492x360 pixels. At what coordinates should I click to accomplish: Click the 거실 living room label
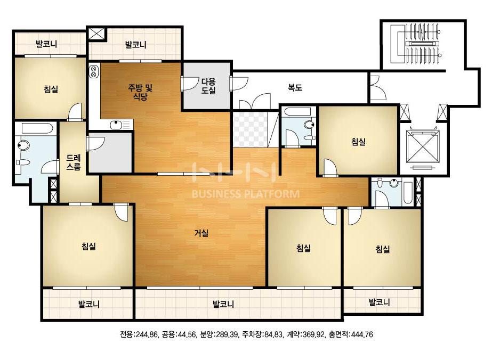pyautogui.click(x=201, y=233)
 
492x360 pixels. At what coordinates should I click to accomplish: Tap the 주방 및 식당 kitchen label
pyautogui.click(x=140, y=92)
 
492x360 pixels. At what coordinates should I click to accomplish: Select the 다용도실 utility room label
pyautogui.click(x=208, y=86)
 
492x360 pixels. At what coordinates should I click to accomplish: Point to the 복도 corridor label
pyautogui.click(x=295, y=87)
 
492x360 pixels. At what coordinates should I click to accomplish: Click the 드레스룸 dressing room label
pyautogui.click(x=74, y=162)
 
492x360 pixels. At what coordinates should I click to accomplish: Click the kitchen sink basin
pyautogui.click(x=116, y=125)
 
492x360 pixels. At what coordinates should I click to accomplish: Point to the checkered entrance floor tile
pyautogui.click(x=250, y=129)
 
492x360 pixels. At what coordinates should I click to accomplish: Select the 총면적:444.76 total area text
pyautogui.click(x=351, y=334)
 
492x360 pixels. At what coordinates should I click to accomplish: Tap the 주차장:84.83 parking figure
pyautogui.click(x=262, y=334)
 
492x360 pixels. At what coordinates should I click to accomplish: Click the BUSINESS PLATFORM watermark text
pyautogui.click(x=246, y=194)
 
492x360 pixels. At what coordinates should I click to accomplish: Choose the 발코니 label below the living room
pyautogui.click(x=223, y=304)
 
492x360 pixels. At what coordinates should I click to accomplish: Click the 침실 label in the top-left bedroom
pyautogui.click(x=51, y=89)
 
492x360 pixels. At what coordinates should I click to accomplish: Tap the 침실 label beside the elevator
pyautogui.click(x=358, y=142)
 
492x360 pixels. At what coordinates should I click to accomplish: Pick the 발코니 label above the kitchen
pyautogui.click(x=135, y=45)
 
